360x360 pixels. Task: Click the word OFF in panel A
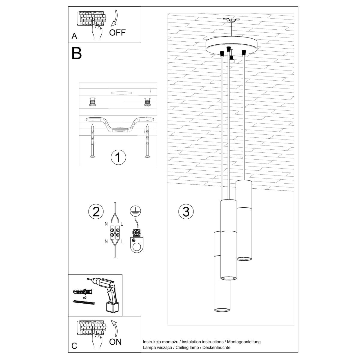[117, 32]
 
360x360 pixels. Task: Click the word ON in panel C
[115, 342]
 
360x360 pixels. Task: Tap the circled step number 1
[118, 157]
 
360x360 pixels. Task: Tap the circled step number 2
[96, 211]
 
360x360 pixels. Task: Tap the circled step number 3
[186, 211]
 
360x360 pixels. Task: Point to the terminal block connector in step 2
[114, 232]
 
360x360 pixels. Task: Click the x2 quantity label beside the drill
[85, 298]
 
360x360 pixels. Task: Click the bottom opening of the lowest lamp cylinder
[222, 310]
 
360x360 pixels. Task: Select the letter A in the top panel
[74, 36]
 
